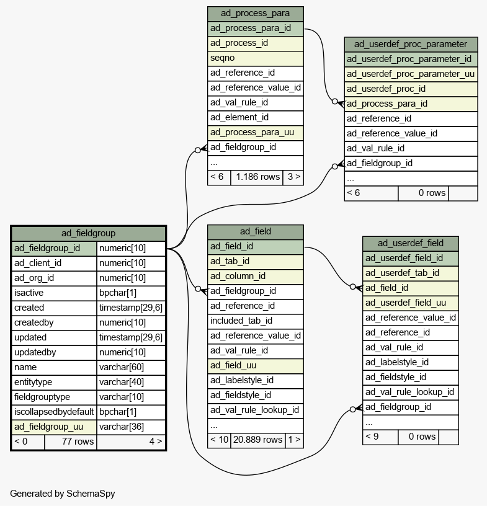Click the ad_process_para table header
[255, 14]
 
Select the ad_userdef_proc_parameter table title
[411, 45]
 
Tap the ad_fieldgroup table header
[88, 233]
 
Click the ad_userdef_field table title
[411, 244]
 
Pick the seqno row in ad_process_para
[255, 58]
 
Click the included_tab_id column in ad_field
[255, 321]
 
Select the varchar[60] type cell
[131, 368]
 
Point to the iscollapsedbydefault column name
[54, 412]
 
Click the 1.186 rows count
[257, 177]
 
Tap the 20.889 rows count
[257, 440]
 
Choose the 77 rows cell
[70, 442]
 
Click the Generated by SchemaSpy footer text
[63, 494]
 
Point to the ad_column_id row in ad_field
[255, 277]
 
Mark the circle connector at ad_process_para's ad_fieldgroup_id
[198, 151]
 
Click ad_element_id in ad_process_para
[255, 118]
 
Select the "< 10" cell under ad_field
[219, 440]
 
